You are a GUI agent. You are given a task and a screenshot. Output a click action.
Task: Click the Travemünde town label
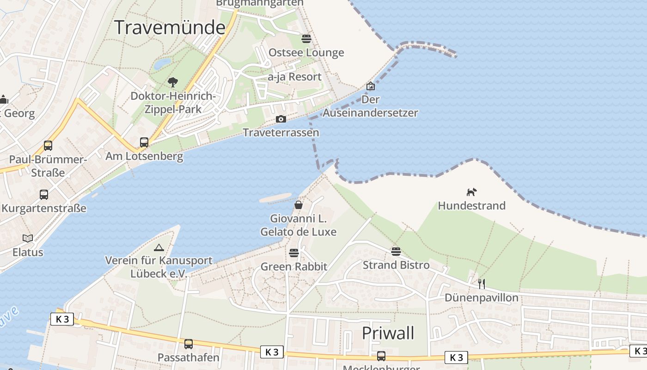170,28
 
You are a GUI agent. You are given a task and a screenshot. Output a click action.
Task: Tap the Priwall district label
388,333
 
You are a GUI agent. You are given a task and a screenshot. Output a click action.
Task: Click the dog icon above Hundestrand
471,192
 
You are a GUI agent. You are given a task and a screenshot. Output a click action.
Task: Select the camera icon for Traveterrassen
281,119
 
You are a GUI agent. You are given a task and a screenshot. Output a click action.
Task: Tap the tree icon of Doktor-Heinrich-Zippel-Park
173,82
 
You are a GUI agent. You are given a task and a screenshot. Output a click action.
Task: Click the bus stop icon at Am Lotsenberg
144,142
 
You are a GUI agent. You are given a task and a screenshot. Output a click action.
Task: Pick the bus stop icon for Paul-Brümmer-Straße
48,146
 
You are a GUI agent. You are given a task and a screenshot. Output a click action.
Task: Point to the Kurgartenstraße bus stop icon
44,195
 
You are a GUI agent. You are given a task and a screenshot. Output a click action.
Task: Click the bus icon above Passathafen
189,344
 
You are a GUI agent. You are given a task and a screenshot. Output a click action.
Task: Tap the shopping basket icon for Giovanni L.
299,204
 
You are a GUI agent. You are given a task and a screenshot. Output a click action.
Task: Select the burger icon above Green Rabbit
294,253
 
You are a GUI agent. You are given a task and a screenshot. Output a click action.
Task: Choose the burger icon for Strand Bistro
396,251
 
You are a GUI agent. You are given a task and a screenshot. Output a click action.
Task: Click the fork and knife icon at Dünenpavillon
482,284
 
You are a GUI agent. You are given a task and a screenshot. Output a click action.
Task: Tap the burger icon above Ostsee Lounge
306,38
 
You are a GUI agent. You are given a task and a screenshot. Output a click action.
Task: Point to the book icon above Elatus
28,239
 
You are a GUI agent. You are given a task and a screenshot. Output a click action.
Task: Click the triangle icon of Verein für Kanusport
159,247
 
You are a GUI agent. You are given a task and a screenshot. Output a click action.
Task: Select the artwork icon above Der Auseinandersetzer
371,86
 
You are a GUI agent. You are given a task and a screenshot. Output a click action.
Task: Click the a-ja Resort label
294,77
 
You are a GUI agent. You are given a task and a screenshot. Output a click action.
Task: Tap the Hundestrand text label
471,206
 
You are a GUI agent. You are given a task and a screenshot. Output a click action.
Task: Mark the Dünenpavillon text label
481,297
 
